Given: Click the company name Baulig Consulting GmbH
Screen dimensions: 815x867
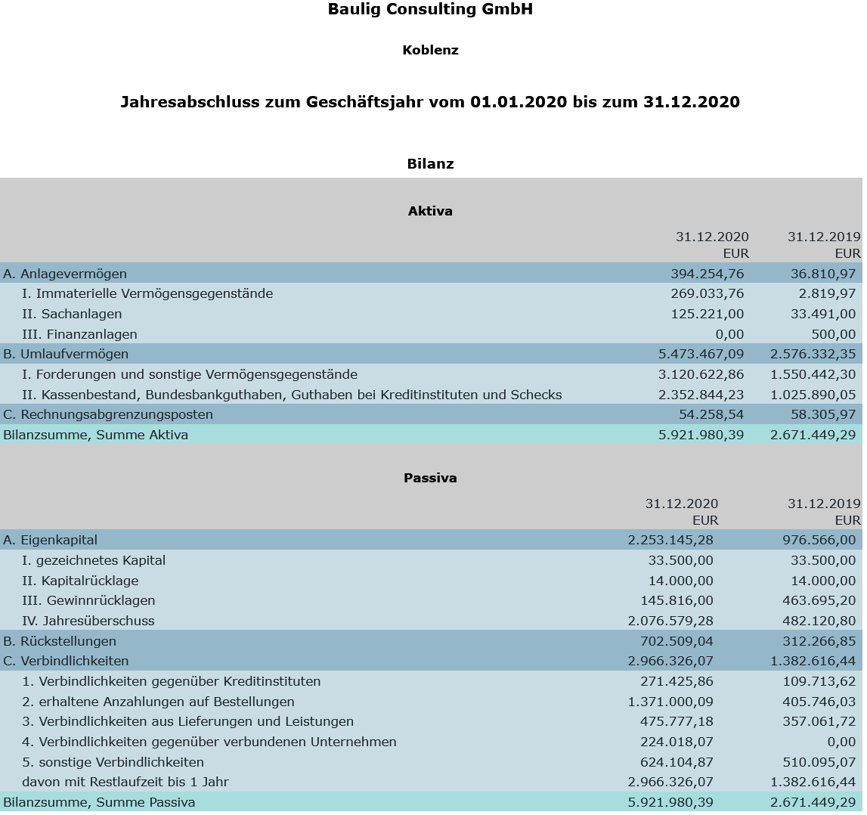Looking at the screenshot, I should pyautogui.click(x=430, y=10).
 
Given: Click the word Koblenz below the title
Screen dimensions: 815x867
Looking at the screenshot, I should pyautogui.click(x=430, y=51).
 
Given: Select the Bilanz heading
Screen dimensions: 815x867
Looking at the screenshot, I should pyautogui.click(x=430, y=164).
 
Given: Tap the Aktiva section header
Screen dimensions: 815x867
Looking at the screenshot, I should pyautogui.click(x=430, y=211).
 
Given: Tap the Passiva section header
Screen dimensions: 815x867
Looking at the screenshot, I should pyautogui.click(x=430, y=478).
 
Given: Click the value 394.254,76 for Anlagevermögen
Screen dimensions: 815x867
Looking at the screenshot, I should pyautogui.click(x=707, y=274).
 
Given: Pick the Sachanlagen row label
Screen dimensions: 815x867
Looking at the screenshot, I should pyautogui.click(x=72, y=314).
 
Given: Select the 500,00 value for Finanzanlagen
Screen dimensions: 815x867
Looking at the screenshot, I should pyautogui.click(x=836, y=334).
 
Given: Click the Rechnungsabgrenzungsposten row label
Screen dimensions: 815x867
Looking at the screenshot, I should pyautogui.click(x=108, y=414).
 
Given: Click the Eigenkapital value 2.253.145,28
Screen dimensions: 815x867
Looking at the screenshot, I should pyautogui.click(x=670, y=540).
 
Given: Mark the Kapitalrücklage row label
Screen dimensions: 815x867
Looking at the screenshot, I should pyautogui.click(x=80, y=581).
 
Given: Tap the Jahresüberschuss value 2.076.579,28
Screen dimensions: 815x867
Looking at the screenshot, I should pyautogui.click(x=670, y=621).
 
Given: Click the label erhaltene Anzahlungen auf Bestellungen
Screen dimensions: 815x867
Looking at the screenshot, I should pyautogui.click(x=158, y=702).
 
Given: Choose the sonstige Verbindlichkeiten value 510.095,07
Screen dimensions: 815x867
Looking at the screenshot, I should pyautogui.click(x=819, y=762).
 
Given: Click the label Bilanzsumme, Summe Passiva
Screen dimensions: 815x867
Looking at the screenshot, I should pyautogui.click(x=99, y=802).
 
